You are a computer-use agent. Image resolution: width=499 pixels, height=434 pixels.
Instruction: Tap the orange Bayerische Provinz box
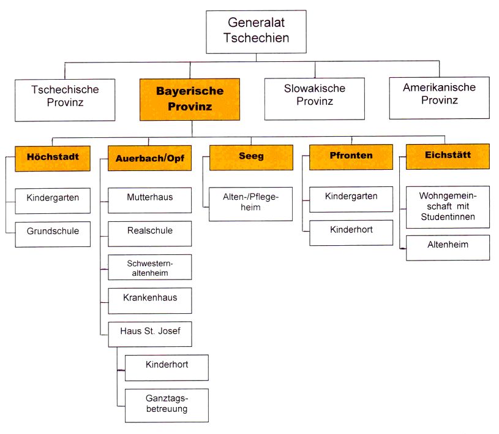189,98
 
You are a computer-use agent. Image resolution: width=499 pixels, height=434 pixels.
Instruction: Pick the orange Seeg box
251,156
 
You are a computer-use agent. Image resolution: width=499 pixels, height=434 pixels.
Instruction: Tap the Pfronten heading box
351,156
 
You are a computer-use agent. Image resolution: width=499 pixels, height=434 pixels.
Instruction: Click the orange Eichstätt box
448,156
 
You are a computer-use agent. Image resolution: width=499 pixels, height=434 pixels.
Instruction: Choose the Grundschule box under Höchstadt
53,233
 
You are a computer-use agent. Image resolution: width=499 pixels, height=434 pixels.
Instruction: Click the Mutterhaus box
149,198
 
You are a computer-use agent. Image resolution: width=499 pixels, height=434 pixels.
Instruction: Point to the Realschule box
149,232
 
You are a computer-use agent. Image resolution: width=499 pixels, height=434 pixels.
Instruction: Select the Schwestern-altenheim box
149,267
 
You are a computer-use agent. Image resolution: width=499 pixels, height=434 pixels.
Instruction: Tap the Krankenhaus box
149,299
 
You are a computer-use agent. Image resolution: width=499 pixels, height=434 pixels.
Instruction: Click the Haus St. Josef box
149,333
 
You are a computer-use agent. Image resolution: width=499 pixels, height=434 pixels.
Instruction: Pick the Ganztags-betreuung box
166,404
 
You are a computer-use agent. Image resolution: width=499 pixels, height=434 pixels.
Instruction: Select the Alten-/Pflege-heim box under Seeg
250,204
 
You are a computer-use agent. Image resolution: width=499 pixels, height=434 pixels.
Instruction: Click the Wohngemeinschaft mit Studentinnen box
448,207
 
